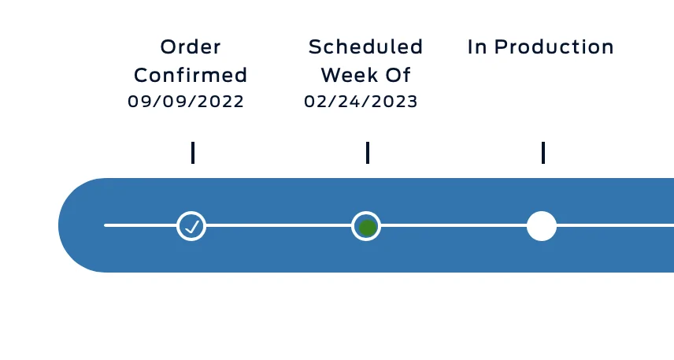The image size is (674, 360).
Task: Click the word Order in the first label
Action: coord(191,47)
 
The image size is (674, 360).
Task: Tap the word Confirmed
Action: coord(191,76)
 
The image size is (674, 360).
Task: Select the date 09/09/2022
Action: coord(186,102)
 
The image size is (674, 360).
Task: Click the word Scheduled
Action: coord(366,47)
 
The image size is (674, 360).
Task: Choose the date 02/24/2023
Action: coord(361,102)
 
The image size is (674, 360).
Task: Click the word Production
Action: coord(554,47)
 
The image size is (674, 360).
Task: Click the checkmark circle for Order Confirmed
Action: coord(191,226)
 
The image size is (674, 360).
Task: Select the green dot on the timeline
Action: coord(367,228)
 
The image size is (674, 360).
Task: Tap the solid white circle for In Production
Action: coord(542,226)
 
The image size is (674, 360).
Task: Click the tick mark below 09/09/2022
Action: coord(193,153)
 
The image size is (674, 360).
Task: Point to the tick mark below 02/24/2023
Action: coord(368,153)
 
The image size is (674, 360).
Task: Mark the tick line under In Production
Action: coord(543,153)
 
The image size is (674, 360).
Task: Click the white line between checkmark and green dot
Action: coord(279,225)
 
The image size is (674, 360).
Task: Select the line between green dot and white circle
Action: coord(454,225)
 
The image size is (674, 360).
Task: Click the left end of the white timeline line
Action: coord(105,225)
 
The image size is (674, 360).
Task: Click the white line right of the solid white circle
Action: coord(615,225)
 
